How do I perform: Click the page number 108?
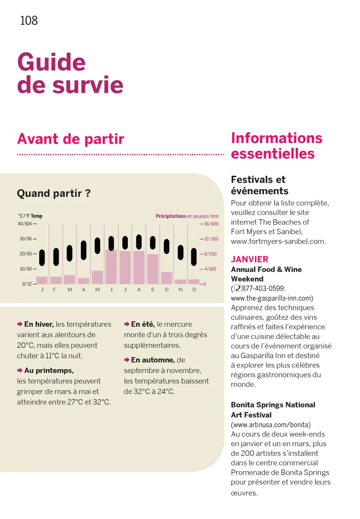coord(29,20)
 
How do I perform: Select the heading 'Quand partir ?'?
coord(54,193)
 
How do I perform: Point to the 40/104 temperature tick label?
coord(25,224)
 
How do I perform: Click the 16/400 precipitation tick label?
coord(211,224)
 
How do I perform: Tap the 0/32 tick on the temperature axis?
coord(27,284)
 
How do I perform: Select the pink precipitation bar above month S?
coord(153,269)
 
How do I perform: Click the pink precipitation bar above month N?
coord(180,282)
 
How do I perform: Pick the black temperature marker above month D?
coord(194,257)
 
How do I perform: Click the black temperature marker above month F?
coord(56,257)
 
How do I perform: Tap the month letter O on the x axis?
coord(167,290)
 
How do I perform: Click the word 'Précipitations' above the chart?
coord(171,216)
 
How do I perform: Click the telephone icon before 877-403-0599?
coord(238,288)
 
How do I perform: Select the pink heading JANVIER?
coord(250,259)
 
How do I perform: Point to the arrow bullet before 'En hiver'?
coord(20,324)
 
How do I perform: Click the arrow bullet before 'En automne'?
coord(127,360)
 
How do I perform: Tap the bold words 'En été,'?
coord(143,324)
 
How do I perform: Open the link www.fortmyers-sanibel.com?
coord(278,241)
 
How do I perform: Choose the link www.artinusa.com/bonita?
coord(271,425)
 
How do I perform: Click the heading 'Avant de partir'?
coord(71,139)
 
